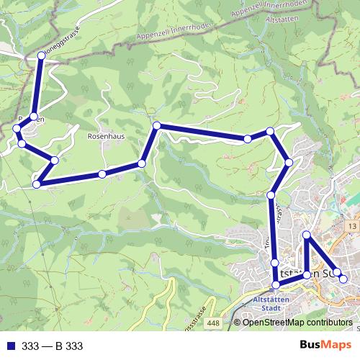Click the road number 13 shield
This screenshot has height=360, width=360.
tap(351, 227)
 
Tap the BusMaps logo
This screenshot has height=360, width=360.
tap(325, 346)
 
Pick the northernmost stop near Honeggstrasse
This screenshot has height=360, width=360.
tap(41, 55)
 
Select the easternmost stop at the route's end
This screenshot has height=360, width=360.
tap(343, 279)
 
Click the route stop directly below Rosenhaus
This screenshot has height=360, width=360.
tap(102, 174)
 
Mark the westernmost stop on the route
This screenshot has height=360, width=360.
tap(17, 129)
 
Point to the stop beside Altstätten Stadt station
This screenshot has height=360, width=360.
tap(275, 286)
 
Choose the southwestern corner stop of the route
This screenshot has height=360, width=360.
tap(37, 184)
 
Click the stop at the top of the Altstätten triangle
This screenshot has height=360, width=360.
tap(307, 235)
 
